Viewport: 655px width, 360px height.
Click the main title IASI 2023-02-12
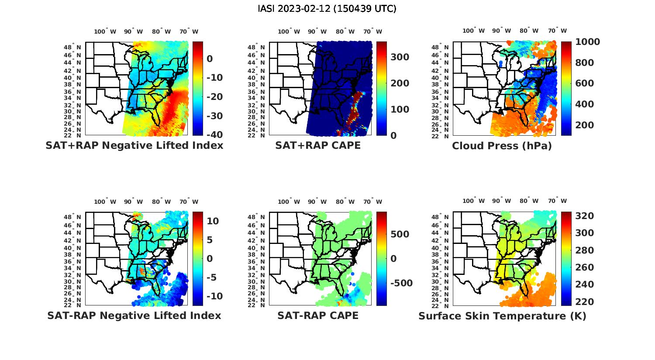[x=327, y=9]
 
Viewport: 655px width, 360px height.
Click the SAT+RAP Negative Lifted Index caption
[x=134, y=146]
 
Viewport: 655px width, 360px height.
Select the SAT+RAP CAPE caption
[x=318, y=146]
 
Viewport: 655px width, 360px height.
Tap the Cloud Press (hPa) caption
[x=502, y=146]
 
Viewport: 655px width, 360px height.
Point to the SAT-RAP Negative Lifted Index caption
[x=134, y=315]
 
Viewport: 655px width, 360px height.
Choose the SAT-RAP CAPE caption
[x=318, y=315]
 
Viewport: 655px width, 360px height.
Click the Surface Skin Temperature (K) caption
[x=502, y=316]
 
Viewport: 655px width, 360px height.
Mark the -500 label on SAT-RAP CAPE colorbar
[x=400, y=283]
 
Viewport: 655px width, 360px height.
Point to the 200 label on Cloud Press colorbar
[x=584, y=125]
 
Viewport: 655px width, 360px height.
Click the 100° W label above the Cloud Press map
[x=474, y=31]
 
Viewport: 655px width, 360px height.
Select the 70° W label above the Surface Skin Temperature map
[x=558, y=201]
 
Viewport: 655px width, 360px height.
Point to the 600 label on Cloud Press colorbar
[x=584, y=83]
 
